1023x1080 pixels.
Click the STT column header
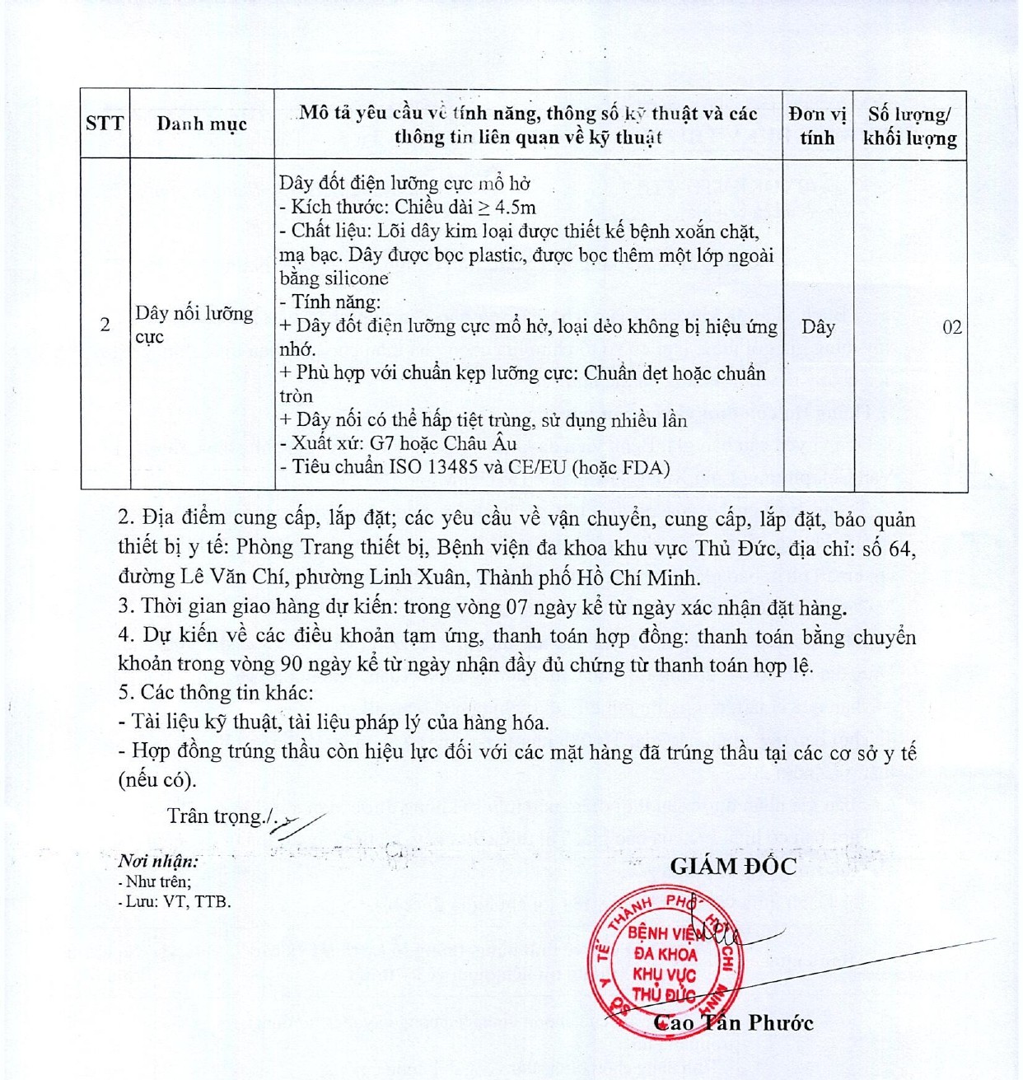pyautogui.click(x=105, y=124)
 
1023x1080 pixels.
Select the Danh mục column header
pyautogui.click(x=202, y=124)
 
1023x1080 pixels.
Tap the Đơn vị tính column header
pyautogui.click(x=817, y=125)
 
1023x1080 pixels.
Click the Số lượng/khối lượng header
pyautogui.click(x=909, y=126)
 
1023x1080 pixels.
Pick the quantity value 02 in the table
pyautogui.click(x=951, y=327)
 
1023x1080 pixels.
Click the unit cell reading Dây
pyautogui.click(x=818, y=327)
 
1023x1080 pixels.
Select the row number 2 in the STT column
pyautogui.click(x=105, y=325)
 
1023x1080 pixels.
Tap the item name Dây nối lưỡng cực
pyautogui.click(x=194, y=325)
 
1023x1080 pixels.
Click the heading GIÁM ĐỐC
pyautogui.click(x=733, y=866)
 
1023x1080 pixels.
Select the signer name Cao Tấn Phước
pyautogui.click(x=733, y=1023)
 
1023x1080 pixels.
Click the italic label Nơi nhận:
pyautogui.click(x=158, y=862)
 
